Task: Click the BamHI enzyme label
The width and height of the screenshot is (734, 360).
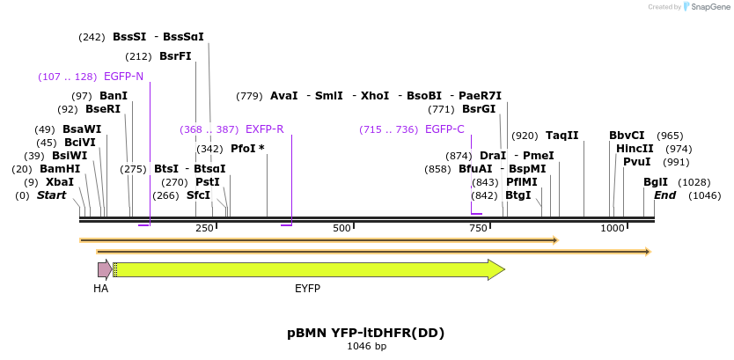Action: [60, 168]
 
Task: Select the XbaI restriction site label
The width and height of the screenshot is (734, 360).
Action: [60, 181]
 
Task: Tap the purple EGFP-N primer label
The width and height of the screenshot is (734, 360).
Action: [123, 76]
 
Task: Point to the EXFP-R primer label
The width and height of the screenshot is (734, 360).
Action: [264, 129]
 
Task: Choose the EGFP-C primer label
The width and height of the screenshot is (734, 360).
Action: [444, 129]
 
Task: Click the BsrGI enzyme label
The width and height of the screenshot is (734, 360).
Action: [479, 109]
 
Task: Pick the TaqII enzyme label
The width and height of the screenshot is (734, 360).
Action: [562, 135]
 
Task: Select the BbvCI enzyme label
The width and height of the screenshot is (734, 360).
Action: [627, 135]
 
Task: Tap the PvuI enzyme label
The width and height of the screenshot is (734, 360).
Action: [636, 161]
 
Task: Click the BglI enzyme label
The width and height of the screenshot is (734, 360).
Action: [656, 181]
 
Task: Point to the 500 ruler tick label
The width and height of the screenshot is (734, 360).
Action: [341, 228]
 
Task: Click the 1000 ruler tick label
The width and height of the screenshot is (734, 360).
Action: [612, 228]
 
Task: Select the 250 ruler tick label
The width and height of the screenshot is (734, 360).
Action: [204, 228]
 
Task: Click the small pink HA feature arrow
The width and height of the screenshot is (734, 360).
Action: [104, 269]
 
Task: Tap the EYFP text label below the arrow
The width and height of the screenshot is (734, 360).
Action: [307, 288]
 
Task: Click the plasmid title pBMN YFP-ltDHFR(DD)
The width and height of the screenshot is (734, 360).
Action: [365, 333]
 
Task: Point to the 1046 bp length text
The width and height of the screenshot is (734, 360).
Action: [365, 347]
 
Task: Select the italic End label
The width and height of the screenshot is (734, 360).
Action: [664, 195]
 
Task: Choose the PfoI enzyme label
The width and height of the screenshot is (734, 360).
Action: [247, 148]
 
